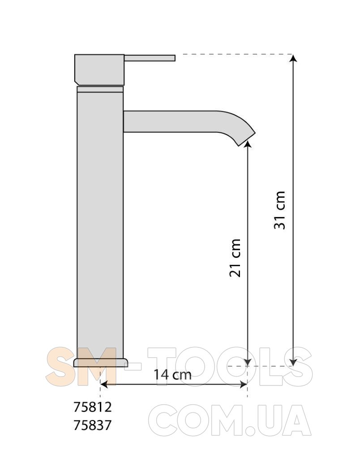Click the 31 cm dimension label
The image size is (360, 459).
(x=279, y=210)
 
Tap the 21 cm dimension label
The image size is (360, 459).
(x=235, y=258)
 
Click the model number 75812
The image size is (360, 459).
(x=92, y=407)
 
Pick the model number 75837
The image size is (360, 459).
(x=92, y=425)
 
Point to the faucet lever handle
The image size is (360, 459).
(x=150, y=58)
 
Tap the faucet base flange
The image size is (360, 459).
(x=101, y=362)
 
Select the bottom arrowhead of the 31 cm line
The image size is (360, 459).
(x=293, y=362)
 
